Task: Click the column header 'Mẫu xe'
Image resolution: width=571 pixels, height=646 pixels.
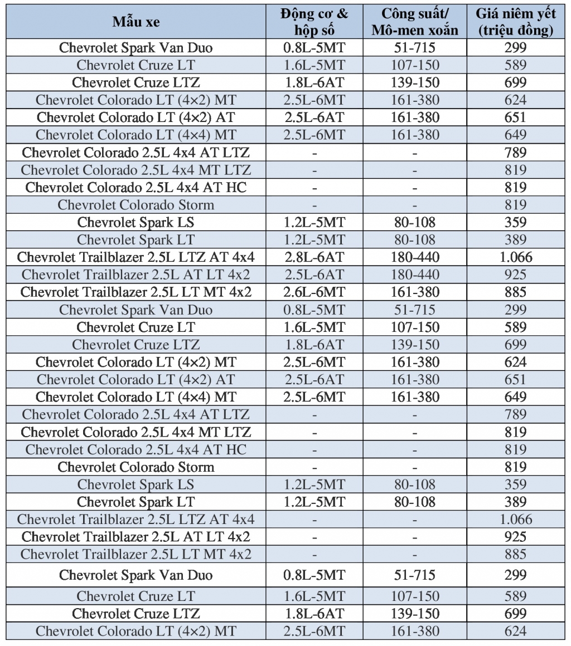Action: click(136, 22)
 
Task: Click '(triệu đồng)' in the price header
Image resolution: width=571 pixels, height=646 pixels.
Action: click(516, 30)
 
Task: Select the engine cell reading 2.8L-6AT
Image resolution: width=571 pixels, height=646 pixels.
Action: click(314, 257)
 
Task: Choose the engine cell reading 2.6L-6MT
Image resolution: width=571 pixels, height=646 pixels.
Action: click(314, 292)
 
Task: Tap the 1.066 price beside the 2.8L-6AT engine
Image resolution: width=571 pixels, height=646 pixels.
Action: click(516, 257)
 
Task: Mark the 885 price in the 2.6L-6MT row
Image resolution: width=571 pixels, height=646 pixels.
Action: click(516, 292)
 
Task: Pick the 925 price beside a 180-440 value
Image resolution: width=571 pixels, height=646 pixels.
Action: click(516, 275)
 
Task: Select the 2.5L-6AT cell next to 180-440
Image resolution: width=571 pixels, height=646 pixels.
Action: click(314, 275)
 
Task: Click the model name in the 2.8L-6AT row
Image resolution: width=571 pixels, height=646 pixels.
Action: click(136, 257)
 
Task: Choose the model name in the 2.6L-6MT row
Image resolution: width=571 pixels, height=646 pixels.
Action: click(136, 292)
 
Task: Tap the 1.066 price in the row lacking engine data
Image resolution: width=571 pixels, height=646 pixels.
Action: click(516, 520)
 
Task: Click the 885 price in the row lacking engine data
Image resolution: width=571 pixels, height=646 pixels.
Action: click(516, 554)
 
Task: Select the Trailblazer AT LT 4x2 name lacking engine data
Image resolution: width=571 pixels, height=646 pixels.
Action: click(136, 537)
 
